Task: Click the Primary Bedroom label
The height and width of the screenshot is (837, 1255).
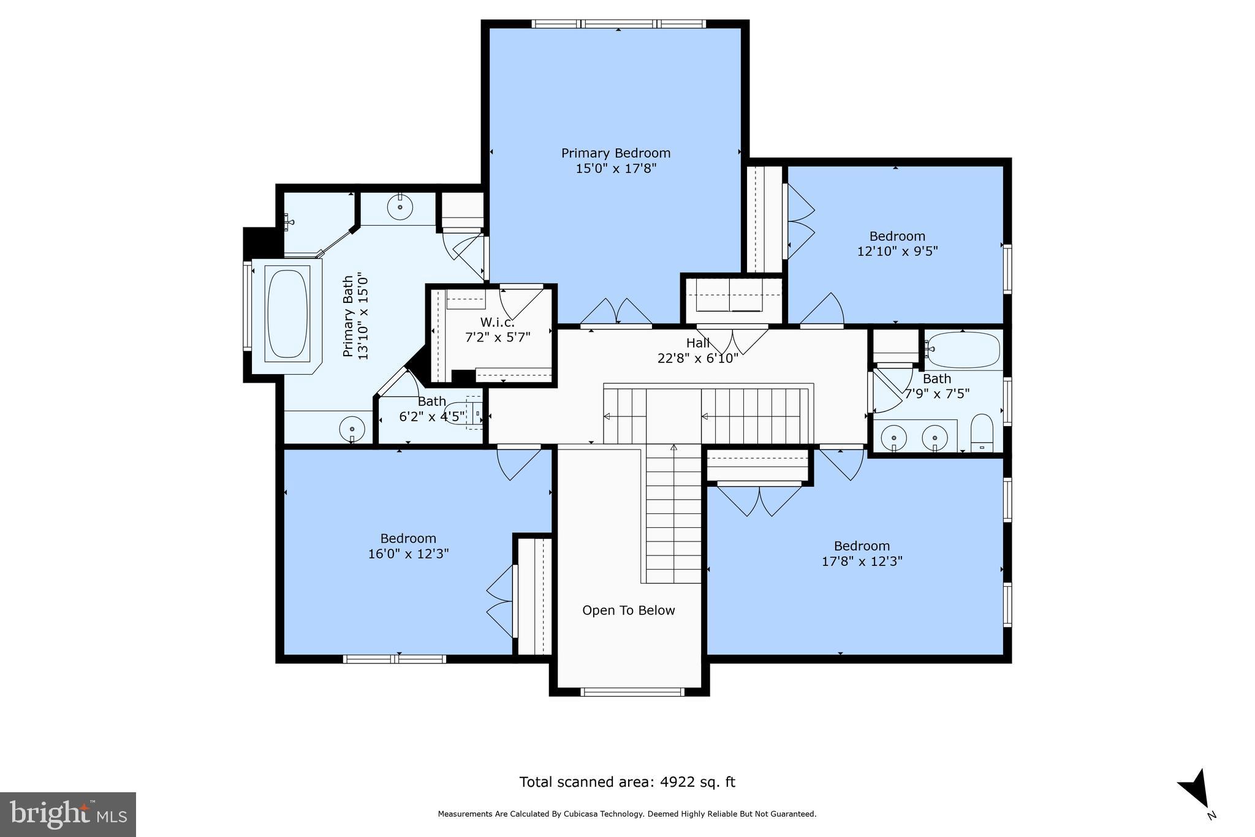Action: (x=616, y=153)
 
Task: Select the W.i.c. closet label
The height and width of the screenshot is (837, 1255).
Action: (x=497, y=323)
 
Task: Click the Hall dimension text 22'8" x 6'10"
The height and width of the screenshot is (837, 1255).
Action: (x=697, y=358)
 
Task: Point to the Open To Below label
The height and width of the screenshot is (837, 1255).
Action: (x=628, y=610)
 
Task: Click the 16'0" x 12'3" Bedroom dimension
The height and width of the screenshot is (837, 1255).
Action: (x=408, y=554)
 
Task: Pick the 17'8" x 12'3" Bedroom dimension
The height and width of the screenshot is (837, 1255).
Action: (x=862, y=561)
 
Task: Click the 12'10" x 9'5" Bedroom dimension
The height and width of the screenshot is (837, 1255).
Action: (x=897, y=251)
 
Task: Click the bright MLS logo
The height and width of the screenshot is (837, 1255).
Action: (x=68, y=814)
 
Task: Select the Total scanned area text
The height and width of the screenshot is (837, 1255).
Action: (x=627, y=782)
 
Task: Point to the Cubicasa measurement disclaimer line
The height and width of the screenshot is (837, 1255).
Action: (x=627, y=814)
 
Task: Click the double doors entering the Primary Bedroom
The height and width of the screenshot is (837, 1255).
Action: (x=616, y=313)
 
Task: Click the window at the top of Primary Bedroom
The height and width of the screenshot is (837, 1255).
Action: (x=618, y=24)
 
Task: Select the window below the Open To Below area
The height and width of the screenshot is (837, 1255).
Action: (x=632, y=692)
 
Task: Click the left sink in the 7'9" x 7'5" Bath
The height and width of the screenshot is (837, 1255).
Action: (x=894, y=438)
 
